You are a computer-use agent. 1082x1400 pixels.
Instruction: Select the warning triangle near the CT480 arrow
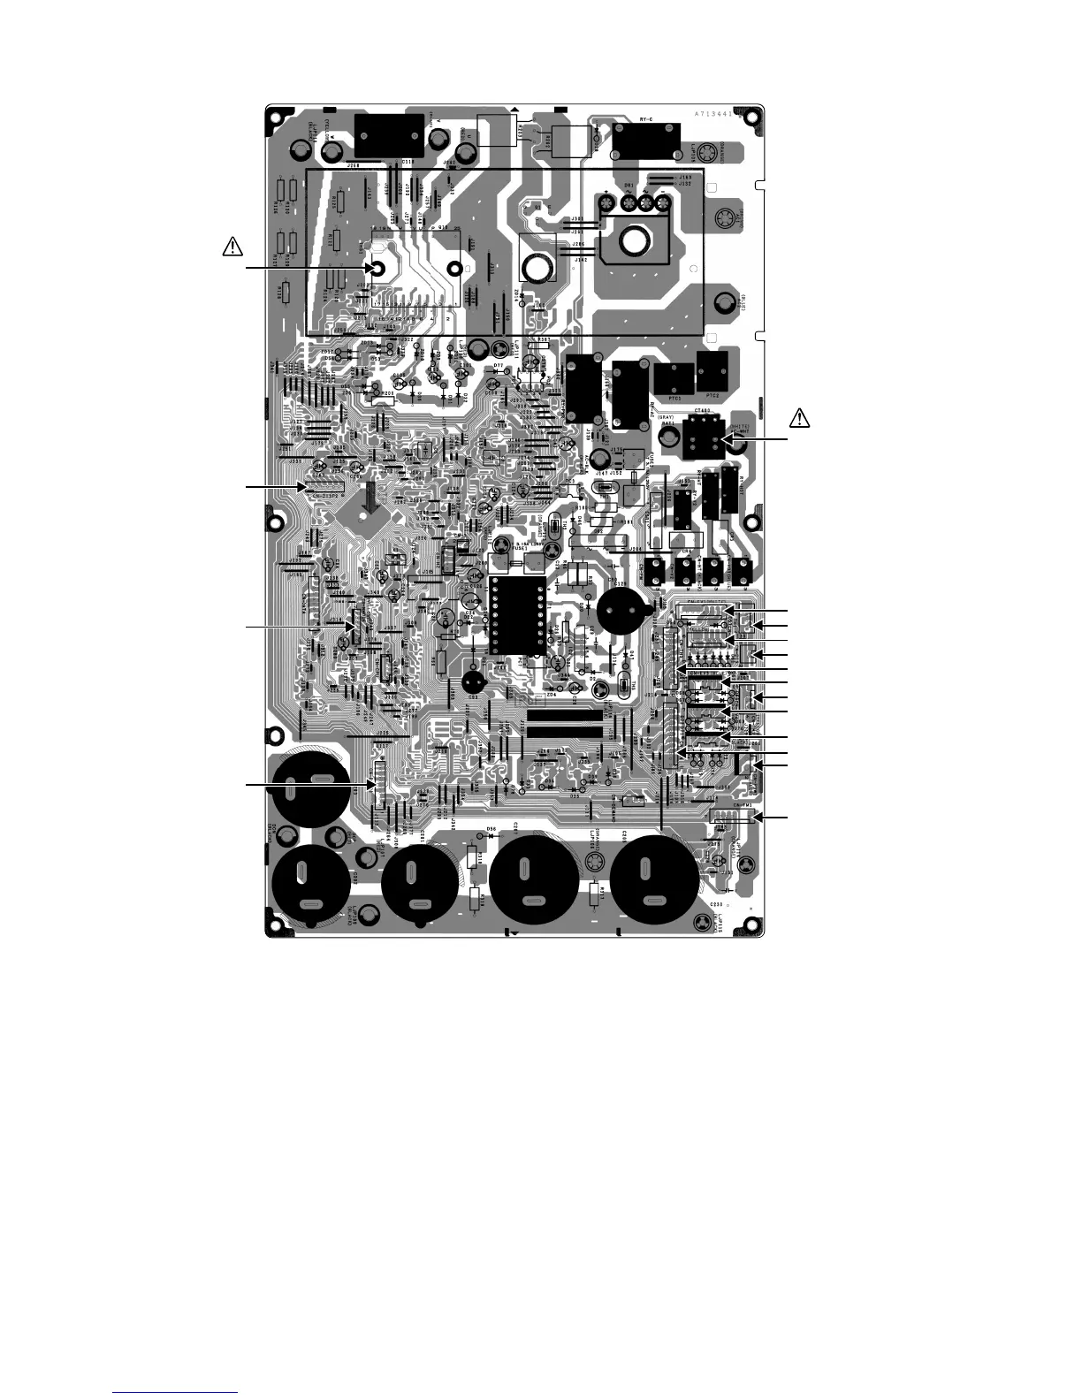(x=798, y=416)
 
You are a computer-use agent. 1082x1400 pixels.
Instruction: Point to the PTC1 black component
(x=674, y=379)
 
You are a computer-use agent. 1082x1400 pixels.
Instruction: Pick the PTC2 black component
(x=715, y=372)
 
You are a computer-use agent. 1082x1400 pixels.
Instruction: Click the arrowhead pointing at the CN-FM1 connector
(x=760, y=818)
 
